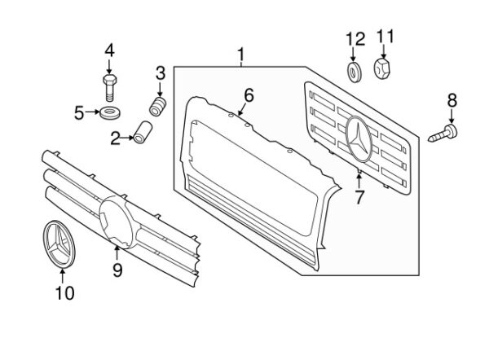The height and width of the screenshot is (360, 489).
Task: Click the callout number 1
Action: (241, 55)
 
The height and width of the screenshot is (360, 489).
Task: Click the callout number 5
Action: (80, 112)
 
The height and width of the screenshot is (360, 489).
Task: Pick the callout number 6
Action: (249, 94)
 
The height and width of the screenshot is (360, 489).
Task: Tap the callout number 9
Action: (117, 269)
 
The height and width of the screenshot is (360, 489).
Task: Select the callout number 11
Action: (385, 36)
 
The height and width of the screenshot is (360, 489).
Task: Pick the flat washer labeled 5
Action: (108, 112)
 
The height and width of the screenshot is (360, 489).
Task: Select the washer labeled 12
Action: (355, 72)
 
